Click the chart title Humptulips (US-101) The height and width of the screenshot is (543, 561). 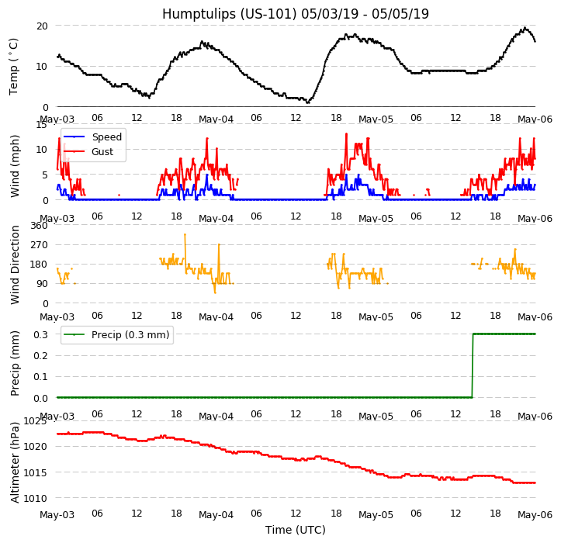(x=230, y=14)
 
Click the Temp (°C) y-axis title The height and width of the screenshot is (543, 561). (x=13, y=67)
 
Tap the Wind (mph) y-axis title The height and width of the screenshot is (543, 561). (x=14, y=166)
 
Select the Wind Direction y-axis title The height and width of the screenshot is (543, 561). (x=15, y=265)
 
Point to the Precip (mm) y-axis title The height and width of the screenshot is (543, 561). (x=15, y=364)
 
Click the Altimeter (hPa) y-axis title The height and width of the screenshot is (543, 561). (x=15, y=462)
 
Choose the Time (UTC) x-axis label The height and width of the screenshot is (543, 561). (x=296, y=530)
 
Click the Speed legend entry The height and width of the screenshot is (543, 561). (x=106, y=137)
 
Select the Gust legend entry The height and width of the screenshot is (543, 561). (x=102, y=152)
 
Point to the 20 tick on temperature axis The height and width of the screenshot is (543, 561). (x=42, y=26)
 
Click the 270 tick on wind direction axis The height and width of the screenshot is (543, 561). (x=40, y=245)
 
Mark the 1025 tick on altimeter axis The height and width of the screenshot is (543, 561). (x=35, y=421)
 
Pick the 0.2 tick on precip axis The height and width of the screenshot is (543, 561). (x=40, y=355)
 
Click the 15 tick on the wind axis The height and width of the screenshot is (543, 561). (x=42, y=124)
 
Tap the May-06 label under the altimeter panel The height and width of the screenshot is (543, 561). (x=535, y=515)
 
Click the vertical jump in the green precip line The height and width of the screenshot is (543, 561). (x=473, y=365)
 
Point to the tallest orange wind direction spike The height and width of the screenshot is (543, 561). (x=185, y=251)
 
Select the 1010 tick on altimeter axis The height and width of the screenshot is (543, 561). (x=35, y=498)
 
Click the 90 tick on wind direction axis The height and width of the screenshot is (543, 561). (x=42, y=284)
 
